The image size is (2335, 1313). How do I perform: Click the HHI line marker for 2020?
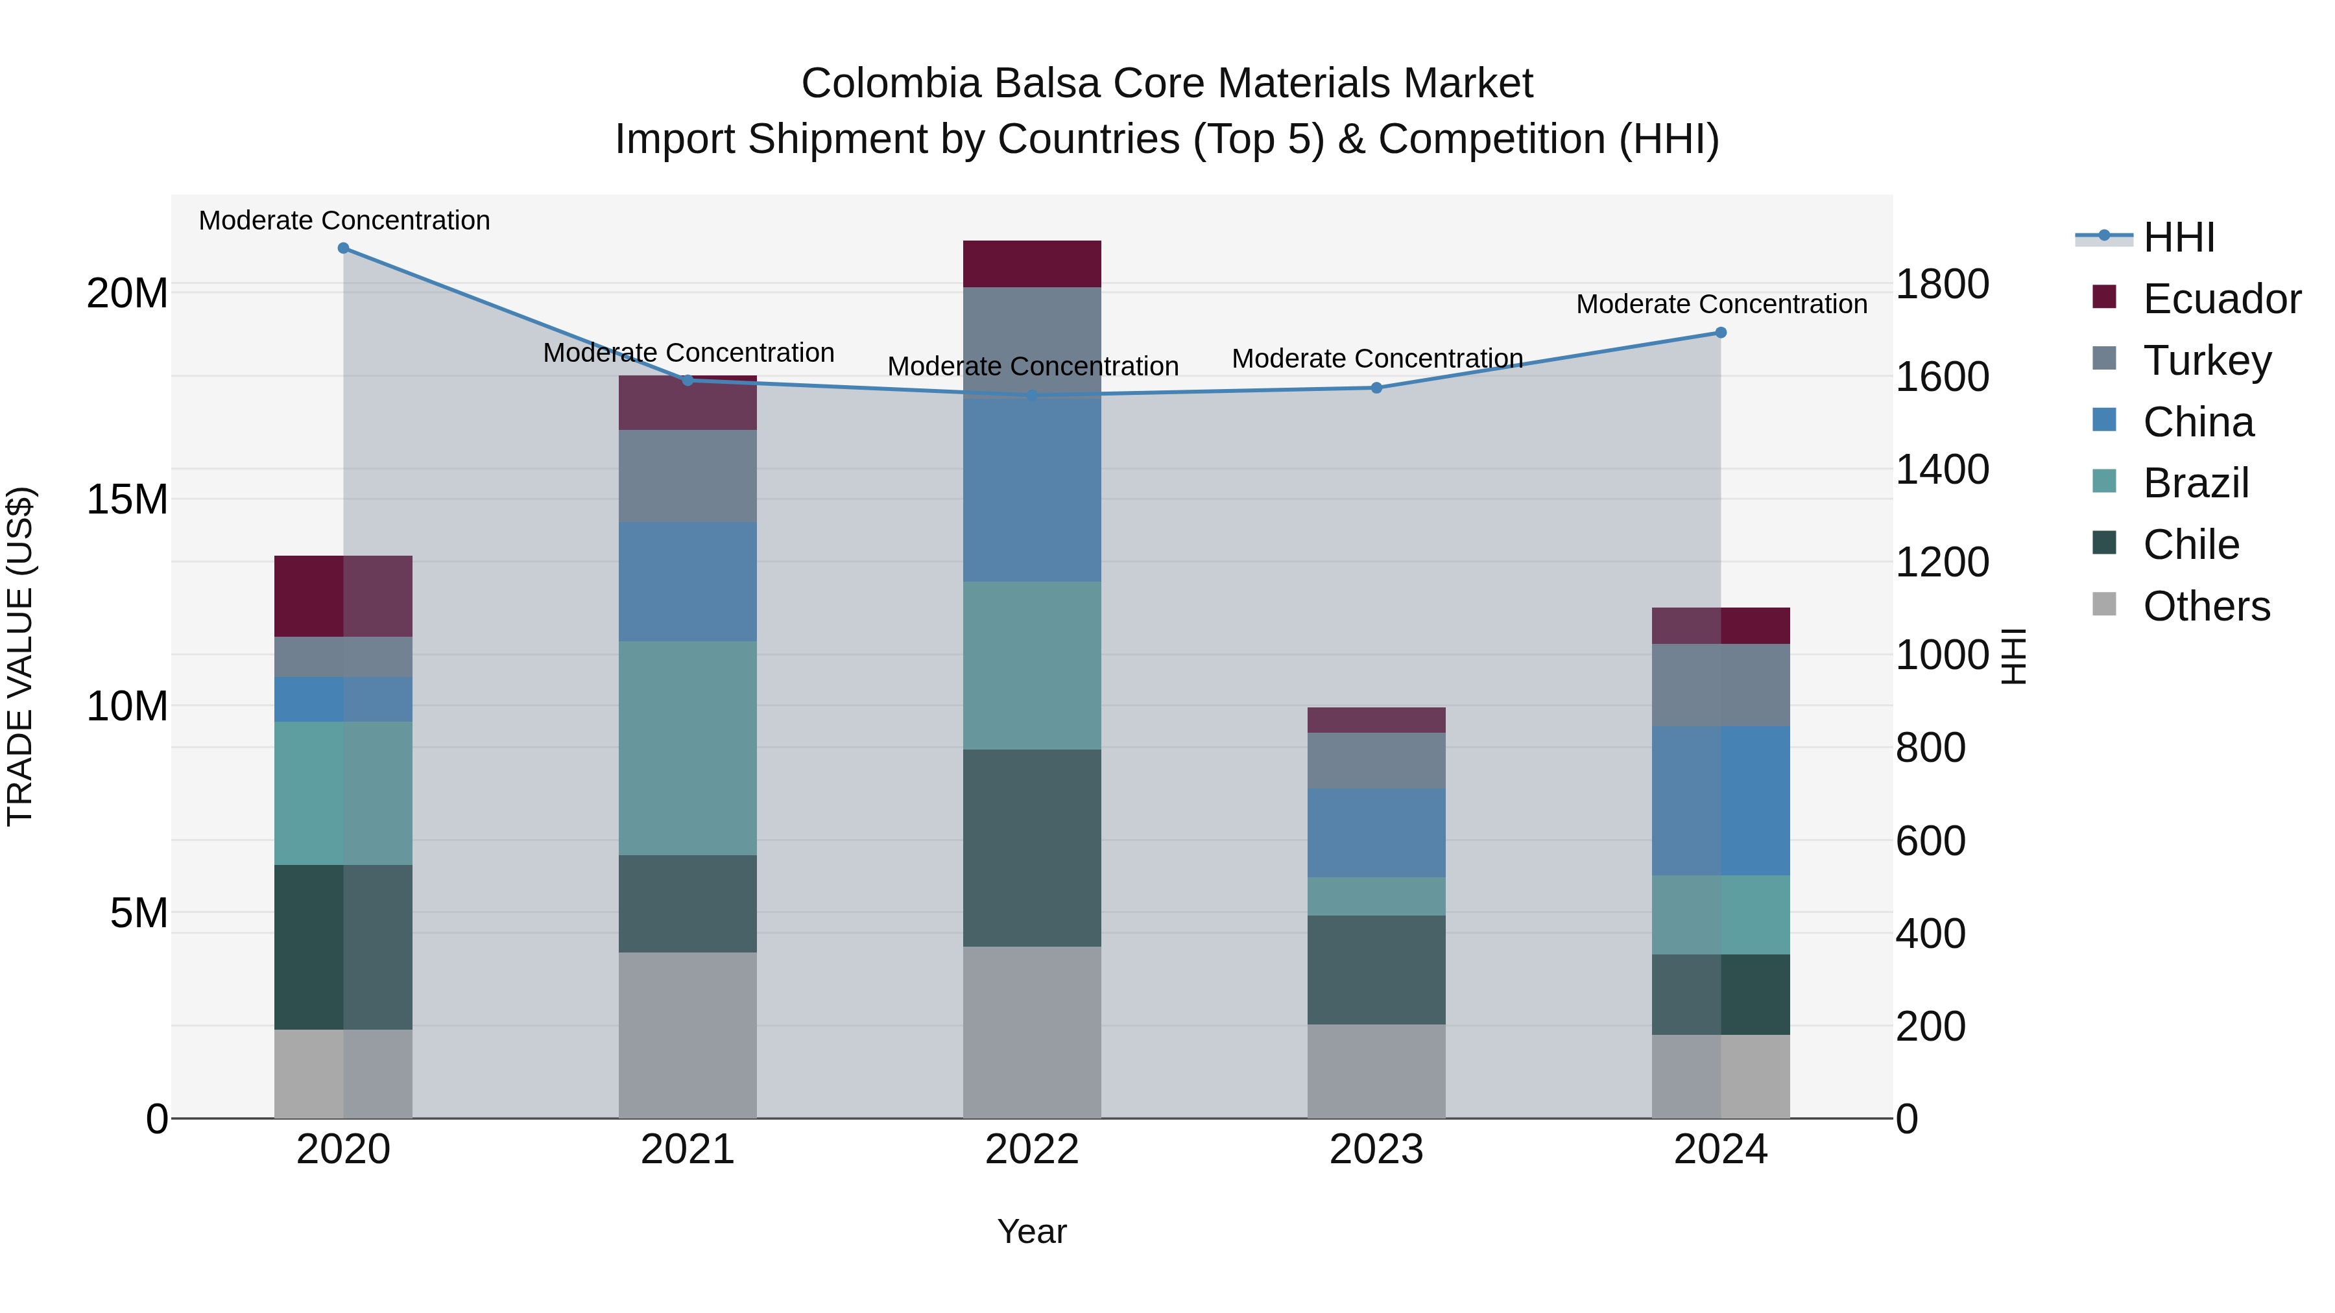tap(344, 248)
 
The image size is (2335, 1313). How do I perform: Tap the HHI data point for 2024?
tap(1720, 333)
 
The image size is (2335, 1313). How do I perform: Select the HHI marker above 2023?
tap(1376, 388)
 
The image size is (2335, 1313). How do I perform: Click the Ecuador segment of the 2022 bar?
tap(1031, 264)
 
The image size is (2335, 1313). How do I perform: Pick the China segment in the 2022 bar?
tap(1031, 490)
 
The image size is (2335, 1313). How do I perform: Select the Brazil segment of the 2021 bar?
tap(687, 748)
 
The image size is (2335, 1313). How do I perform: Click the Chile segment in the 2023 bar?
tap(1376, 969)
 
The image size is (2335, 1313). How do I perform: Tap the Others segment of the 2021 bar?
tap(687, 1035)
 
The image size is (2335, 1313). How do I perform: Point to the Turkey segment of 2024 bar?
tap(1720, 685)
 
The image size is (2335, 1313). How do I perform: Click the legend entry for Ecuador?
tap(2221, 299)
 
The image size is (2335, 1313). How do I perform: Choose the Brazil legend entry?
tap(2196, 483)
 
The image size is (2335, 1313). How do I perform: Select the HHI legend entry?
tap(2179, 237)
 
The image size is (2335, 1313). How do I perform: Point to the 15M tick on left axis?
tap(127, 499)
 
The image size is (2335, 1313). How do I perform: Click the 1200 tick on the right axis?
tap(1941, 562)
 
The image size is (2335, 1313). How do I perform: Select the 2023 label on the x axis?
tap(1376, 1150)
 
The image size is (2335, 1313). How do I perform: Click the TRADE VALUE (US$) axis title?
tap(20, 656)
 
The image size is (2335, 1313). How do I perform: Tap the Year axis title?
tap(1031, 1231)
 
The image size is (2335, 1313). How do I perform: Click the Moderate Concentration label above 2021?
tap(688, 353)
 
